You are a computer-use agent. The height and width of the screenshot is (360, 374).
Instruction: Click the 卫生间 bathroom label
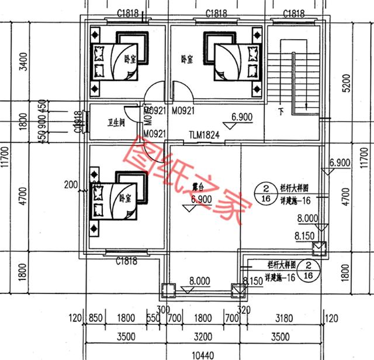(x=116, y=123)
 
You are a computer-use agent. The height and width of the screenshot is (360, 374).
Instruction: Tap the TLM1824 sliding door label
(x=203, y=135)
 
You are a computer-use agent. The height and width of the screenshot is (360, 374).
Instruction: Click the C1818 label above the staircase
(x=293, y=13)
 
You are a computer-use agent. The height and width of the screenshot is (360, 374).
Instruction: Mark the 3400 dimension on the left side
(x=23, y=61)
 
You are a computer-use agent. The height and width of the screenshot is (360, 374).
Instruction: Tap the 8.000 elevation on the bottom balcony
(x=199, y=281)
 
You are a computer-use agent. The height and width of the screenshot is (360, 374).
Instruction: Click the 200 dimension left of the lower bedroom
(x=72, y=185)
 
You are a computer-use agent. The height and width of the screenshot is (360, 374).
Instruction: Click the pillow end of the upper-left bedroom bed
(x=98, y=61)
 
